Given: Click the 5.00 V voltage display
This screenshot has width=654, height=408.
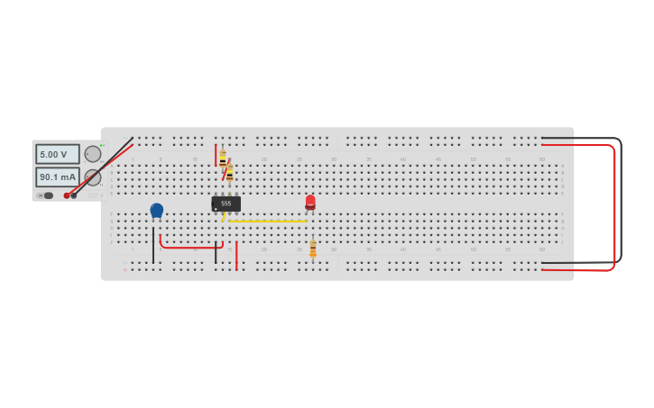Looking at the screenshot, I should coord(57,154).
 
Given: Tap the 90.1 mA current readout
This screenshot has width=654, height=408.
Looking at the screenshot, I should coord(57,177).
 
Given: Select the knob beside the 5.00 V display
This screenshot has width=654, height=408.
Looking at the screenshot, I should coord(93,154).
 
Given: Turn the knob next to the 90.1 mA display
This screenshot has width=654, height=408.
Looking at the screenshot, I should coord(93,177).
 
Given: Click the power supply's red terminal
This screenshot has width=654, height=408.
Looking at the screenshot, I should coord(67,195).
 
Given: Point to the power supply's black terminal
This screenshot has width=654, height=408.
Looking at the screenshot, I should coord(74,195).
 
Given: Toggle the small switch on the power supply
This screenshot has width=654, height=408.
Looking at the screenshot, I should coord(47,195).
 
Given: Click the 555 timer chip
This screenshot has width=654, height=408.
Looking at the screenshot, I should coord(226,204).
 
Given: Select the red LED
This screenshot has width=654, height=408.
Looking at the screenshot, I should coord(310,202).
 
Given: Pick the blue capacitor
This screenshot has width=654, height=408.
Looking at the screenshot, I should coord(157,211).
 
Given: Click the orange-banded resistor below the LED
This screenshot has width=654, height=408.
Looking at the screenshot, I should coord(313,249).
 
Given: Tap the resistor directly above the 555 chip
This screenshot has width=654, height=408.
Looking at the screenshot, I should coord(229,173).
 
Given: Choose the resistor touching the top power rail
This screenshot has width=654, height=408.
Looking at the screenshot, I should coord(222,159).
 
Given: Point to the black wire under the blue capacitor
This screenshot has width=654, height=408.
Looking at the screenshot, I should coord(153,245).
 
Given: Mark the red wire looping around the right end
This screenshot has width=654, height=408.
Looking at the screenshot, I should coord(614,207).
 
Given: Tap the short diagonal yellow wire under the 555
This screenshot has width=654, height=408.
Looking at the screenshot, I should coord(224,217).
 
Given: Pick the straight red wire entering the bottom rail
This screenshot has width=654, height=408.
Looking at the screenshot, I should coord(236,256).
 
